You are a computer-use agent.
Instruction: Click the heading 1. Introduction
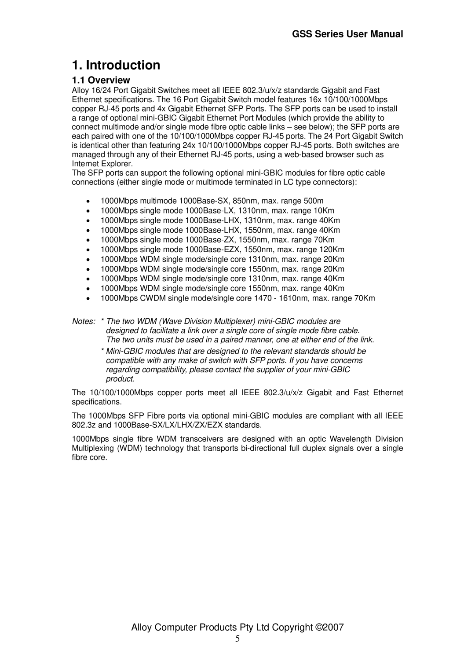point(116,65)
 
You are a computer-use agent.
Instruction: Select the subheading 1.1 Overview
point(101,80)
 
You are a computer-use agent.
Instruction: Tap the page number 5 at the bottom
point(237,639)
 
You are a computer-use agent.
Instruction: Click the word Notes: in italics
point(84,322)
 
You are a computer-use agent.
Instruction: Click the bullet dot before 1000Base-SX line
point(88,202)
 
